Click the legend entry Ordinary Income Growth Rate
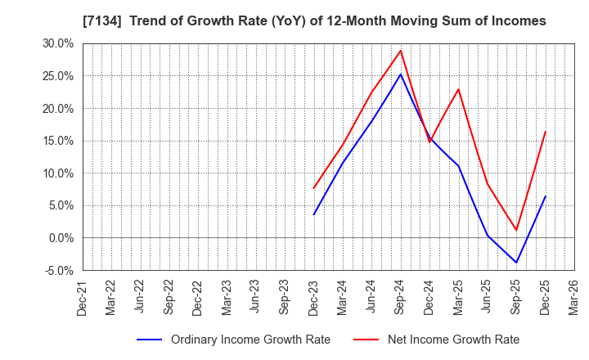pos(250,340)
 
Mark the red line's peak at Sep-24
pos(400,51)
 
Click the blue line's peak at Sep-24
pos(400,74)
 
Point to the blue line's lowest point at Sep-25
pos(516,263)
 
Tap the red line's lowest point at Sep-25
pos(516,230)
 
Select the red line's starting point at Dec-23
pos(313,188)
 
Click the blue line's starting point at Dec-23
pos(313,214)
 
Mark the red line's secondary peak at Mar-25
pos(458,89)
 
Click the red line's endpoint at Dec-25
pos(545,131)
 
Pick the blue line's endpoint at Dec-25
pos(545,196)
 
